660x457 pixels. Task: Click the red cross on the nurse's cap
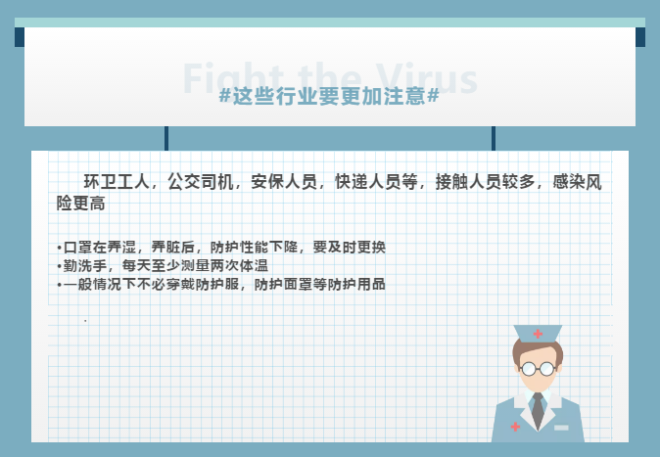538,334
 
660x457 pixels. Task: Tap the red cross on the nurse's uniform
515,427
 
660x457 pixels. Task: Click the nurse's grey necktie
538,411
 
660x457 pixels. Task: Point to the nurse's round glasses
538,369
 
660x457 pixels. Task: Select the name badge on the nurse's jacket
561,428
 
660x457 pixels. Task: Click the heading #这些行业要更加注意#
329,96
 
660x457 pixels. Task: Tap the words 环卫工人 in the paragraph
117,182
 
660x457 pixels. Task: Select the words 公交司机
200,182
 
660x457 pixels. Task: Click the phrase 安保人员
284,182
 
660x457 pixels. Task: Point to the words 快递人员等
376,182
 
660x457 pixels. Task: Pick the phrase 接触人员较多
485,182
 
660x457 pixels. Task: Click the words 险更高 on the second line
81,204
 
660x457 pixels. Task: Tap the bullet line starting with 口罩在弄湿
221,247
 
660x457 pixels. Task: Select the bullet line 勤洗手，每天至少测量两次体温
163,265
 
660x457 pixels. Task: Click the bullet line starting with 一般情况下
221,284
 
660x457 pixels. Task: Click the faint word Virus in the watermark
427,78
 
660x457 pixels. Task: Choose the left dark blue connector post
166,138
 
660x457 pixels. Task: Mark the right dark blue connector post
494,138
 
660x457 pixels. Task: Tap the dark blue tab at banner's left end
20,37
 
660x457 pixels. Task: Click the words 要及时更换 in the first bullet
350,247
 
